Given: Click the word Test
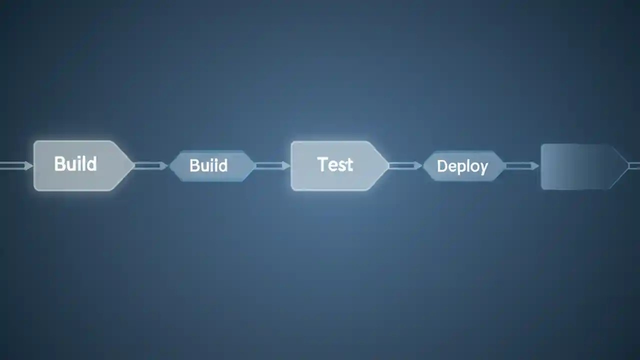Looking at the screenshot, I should click(x=335, y=164).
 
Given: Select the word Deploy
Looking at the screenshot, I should click(x=462, y=166).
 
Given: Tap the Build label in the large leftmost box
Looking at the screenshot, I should click(x=75, y=163).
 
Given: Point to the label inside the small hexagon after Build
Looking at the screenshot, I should click(x=208, y=165).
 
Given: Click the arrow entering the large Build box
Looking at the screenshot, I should click(x=15, y=165).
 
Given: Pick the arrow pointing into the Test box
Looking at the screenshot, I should click(x=272, y=165).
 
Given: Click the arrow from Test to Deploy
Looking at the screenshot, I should click(x=405, y=165).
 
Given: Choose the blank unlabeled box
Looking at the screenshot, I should click(x=580, y=166).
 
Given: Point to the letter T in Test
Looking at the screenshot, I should click(x=322, y=164).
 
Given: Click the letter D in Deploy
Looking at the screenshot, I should click(x=441, y=166).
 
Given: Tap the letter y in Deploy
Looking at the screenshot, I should click(x=483, y=168).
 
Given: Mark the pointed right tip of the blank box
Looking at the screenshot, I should click(x=627, y=165).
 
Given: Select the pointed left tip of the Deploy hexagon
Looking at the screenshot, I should click(x=424, y=166).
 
